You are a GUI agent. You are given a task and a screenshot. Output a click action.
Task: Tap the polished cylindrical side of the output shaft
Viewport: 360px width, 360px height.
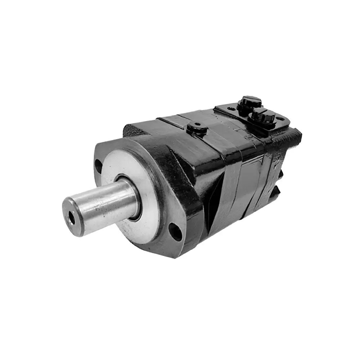(x=108, y=202)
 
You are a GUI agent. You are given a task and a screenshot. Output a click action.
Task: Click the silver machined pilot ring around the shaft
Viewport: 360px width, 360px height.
(x=144, y=216)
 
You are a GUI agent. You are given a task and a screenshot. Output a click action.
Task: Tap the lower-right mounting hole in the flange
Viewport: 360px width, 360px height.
(x=176, y=231)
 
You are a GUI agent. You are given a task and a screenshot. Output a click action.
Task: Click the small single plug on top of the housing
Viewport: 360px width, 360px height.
(x=196, y=127)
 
